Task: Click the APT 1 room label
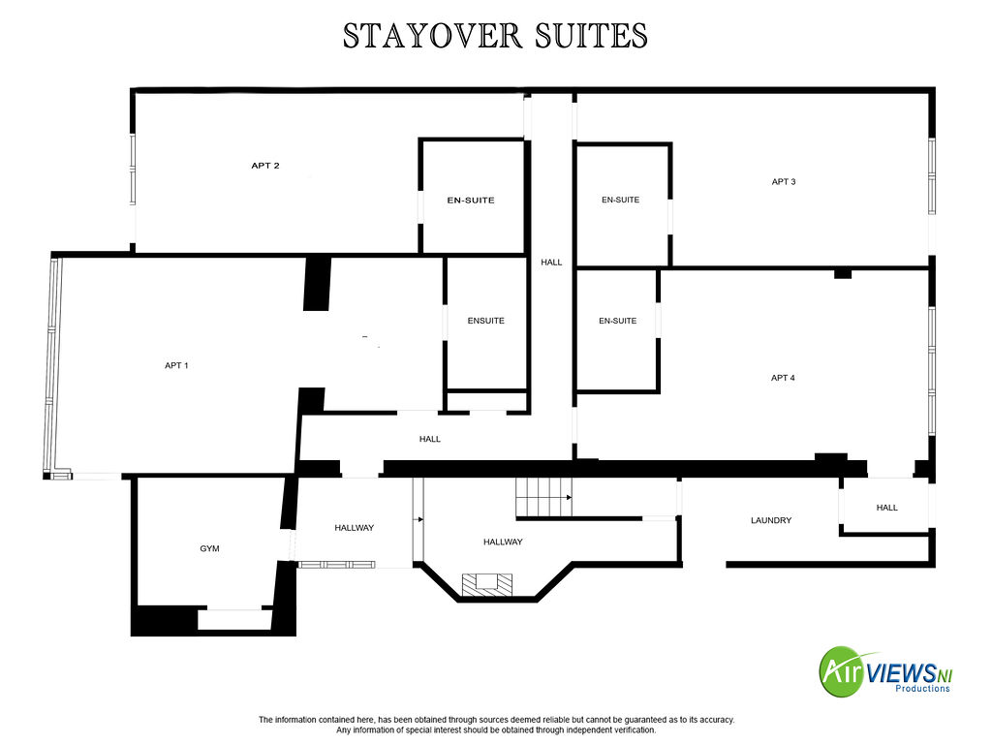point(176,365)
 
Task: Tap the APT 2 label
point(265,165)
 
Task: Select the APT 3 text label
point(783,181)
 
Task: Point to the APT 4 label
point(783,378)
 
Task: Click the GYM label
point(209,548)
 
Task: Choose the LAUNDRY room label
point(771,520)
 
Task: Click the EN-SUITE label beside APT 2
point(471,200)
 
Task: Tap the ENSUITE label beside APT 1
point(486,321)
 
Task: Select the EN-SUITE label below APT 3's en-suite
point(617,321)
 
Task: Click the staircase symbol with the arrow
point(543,497)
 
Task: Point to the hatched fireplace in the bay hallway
point(486,584)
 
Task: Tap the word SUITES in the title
point(592,36)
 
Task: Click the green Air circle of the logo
point(842,671)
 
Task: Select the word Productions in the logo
point(922,689)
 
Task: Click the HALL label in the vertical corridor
point(551,262)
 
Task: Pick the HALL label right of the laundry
point(887,508)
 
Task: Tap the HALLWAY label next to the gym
point(355,528)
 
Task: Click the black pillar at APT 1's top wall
point(317,284)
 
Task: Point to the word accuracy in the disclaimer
point(718,720)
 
